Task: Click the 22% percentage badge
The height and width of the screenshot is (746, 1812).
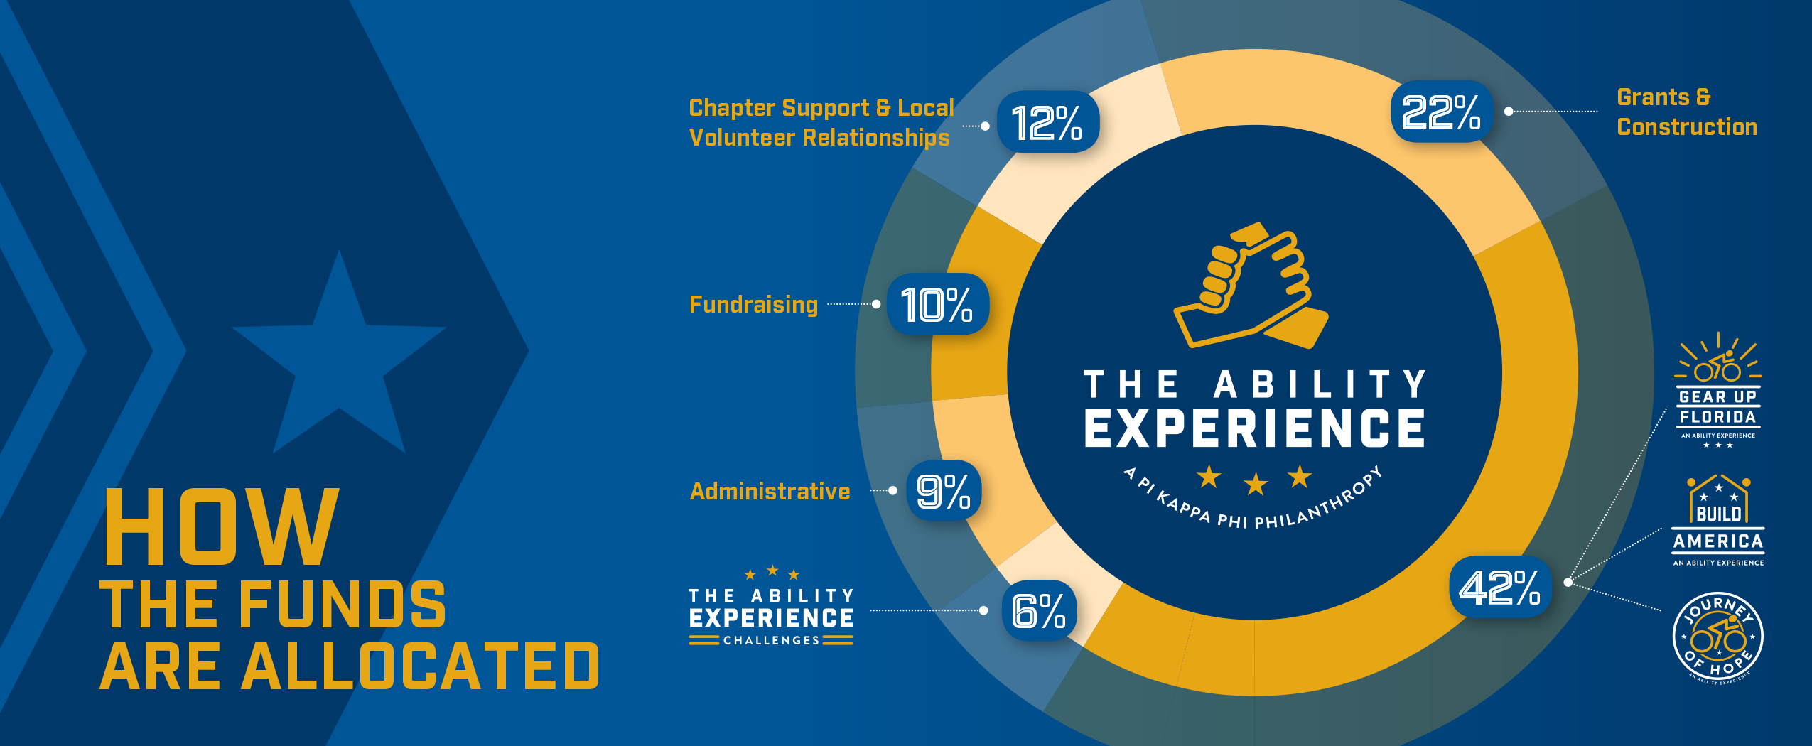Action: pyautogui.click(x=1442, y=112)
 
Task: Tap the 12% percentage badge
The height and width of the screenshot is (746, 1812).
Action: pyautogui.click(x=1048, y=121)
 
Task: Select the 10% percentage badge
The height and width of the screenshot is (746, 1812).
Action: pyautogui.click(x=938, y=304)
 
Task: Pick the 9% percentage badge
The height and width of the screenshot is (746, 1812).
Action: pyautogui.click(x=944, y=491)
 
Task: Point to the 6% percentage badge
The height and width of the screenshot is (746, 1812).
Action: pyautogui.click(x=1040, y=610)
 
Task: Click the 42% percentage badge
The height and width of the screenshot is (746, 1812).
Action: pyautogui.click(x=1501, y=587)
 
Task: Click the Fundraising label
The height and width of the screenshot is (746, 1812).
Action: pyautogui.click(x=754, y=304)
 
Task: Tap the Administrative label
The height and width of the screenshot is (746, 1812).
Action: pyautogui.click(x=770, y=491)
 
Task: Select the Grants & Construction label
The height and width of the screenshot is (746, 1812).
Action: pyautogui.click(x=1687, y=112)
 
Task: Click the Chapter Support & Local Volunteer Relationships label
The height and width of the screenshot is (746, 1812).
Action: pyautogui.click(x=821, y=122)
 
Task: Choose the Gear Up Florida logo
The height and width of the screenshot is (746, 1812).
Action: pyautogui.click(x=1718, y=390)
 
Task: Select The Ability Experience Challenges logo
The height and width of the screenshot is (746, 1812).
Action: pyautogui.click(x=771, y=606)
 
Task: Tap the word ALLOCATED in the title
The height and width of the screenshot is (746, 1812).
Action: pyautogui.click(x=421, y=666)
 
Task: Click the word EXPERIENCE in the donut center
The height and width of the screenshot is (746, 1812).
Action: pyautogui.click(x=1254, y=428)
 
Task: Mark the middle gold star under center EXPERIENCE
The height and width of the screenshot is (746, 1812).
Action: pyautogui.click(x=1256, y=485)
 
